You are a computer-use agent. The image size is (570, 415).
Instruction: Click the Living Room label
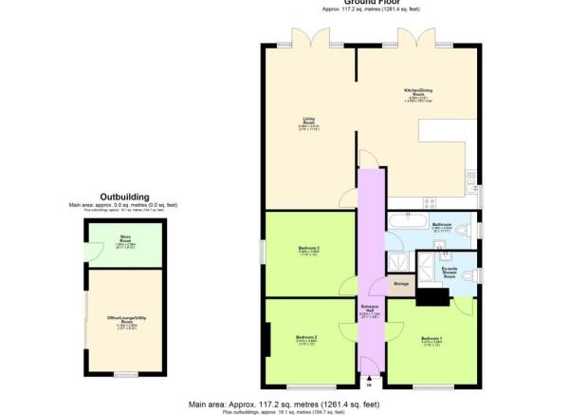[x=309, y=122]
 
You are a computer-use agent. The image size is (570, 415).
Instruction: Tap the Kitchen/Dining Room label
[x=418, y=95]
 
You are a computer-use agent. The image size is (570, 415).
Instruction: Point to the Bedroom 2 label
[x=306, y=339]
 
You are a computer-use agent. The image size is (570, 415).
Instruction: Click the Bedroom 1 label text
[x=432, y=339]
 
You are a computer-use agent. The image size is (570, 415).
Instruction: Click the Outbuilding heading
[x=123, y=198]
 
